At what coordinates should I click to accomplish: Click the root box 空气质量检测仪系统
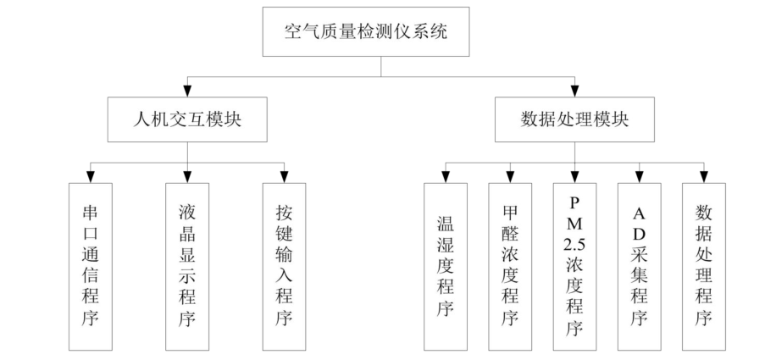point(381,34)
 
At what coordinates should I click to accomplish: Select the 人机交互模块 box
point(187,119)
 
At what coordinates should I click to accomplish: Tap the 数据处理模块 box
point(575,119)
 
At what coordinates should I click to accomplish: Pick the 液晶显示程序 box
point(187,266)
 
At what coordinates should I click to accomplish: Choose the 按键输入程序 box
point(284,266)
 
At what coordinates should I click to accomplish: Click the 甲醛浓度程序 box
point(510,266)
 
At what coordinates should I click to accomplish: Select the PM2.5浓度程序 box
point(575,266)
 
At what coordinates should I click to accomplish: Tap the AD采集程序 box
point(640,266)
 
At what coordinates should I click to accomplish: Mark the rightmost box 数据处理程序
point(704,266)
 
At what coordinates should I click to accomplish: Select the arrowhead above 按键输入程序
point(284,175)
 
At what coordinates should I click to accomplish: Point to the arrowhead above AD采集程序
point(640,175)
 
